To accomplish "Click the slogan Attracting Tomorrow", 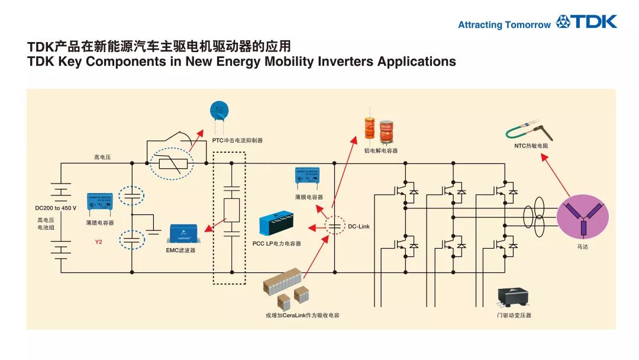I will coord(504,25).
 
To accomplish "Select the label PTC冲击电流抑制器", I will coord(237,141).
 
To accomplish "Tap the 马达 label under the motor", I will coord(583,246).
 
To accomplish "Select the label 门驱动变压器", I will coord(514,316).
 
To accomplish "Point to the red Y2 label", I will coord(99,242).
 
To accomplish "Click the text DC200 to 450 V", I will coord(56,208).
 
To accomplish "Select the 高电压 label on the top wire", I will coord(102,157).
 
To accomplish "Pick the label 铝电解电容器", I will coord(381,151).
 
